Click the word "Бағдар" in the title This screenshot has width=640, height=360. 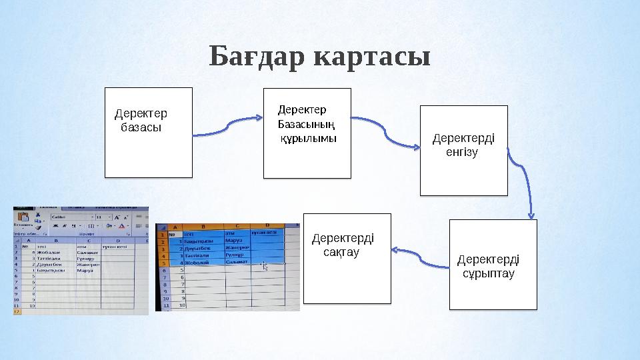coord(257,57)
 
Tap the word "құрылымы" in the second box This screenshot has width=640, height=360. coord(308,138)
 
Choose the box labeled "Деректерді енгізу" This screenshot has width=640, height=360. coord(463,150)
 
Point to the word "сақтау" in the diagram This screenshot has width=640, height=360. coord(341,253)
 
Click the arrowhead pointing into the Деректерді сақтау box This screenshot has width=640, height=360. coord(394,251)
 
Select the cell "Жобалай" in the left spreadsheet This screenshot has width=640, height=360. coord(50,253)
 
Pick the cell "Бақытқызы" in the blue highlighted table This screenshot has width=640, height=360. coord(199,241)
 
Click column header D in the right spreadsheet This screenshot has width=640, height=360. coord(266,226)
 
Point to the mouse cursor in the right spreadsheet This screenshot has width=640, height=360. coord(265,267)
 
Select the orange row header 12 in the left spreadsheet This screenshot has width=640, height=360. coord(17,311)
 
